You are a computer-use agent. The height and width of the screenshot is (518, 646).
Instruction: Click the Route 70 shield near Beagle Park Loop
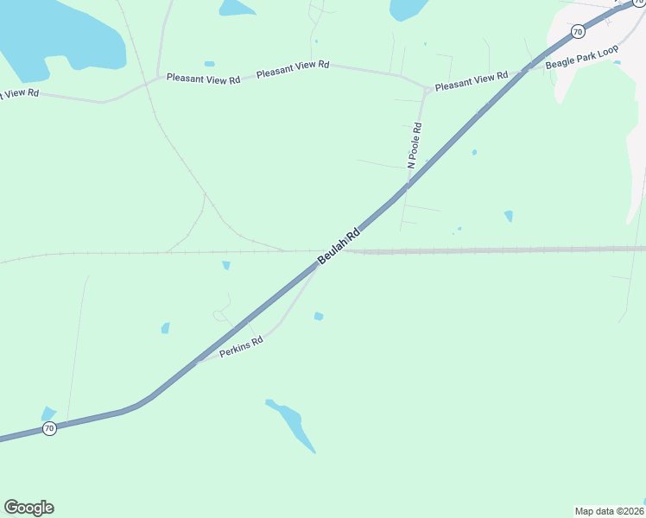coord(578,31)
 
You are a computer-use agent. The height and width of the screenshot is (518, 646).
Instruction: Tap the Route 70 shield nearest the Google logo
coord(49,428)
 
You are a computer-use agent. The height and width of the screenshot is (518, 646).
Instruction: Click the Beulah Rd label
coord(338,247)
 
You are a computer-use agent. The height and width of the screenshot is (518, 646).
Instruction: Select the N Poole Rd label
coord(415,145)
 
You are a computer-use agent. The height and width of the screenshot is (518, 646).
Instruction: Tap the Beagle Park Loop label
coord(582,58)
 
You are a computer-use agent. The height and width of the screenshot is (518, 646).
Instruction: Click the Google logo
coord(28,508)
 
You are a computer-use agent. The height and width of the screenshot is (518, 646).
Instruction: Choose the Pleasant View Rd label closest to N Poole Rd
coord(471,82)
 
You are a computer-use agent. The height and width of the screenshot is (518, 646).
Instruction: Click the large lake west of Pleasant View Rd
coord(60,35)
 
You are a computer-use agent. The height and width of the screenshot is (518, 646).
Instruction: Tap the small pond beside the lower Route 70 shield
coord(48,414)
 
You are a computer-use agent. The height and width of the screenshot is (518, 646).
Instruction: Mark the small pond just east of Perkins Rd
coord(319,317)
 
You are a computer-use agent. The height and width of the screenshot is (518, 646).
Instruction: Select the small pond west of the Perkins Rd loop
coord(165,328)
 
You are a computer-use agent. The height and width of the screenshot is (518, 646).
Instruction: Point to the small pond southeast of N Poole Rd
coord(509,216)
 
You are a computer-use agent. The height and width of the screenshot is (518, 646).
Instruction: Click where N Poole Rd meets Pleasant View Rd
coord(427,89)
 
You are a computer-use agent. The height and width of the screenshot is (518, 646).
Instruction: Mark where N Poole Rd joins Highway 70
coord(406,187)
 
